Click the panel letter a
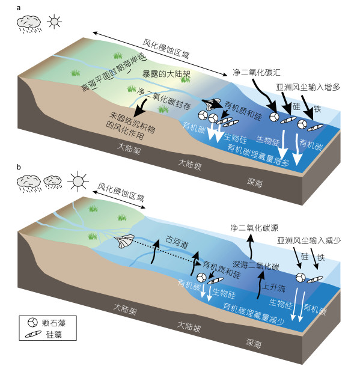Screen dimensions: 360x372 [19, 8]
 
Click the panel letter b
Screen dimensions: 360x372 [19, 167]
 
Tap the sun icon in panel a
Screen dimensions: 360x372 [54, 22]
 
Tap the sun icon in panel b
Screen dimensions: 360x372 [78, 181]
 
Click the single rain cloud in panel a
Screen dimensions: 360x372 [29, 23]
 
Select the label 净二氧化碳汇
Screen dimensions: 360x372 [257, 72]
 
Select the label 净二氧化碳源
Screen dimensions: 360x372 [254, 228]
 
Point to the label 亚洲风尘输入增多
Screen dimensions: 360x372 [308, 87]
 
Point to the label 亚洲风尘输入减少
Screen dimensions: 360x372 [309, 241]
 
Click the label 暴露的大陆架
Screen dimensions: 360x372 [166, 74]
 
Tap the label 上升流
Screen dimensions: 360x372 [273, 287]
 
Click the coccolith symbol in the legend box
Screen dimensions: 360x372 [32, 322]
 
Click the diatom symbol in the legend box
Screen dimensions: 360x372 [33, 334]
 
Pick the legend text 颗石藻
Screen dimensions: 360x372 [53, 323]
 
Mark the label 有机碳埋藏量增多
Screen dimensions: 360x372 [258, 155]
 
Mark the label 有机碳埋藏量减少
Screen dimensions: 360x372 [254, 314]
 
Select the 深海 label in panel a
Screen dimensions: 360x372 [255, 183]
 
